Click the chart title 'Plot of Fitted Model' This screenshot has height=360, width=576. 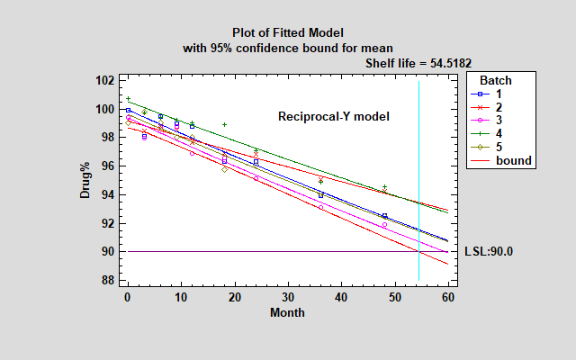[x=287, y=32]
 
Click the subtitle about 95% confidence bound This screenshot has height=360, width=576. [x=287, y=47]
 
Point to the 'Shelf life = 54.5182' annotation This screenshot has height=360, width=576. [x=418, y=63]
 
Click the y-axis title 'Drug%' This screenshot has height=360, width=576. [x=85, y=180]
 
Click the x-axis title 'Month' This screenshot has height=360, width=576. [x=287, y=313]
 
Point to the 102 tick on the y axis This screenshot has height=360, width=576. [x=105, y=80]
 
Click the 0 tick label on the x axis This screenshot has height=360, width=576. [x=128, y=298]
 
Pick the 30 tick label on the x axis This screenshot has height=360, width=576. [x=287, y=298]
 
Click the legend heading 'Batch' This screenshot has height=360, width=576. [x=495, y=81]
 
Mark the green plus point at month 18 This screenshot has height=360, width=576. [x=224, y=124]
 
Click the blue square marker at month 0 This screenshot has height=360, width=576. [x=128, y=110]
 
